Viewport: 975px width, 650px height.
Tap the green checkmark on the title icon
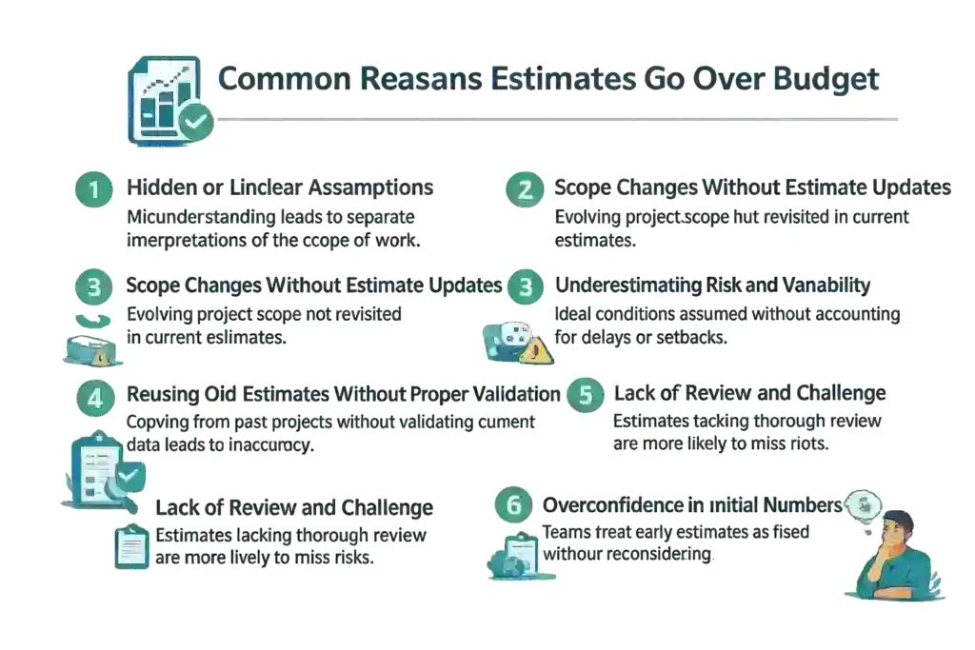(196, 122)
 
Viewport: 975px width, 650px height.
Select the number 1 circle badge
(93, 189)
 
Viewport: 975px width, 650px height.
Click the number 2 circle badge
(525, 189)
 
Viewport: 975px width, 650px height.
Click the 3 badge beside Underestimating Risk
(525, 286)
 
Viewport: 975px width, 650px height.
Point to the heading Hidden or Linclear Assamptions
(280, 187)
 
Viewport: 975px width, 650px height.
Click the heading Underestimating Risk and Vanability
(712, 286)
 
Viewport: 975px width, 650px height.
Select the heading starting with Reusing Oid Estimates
(343, 394)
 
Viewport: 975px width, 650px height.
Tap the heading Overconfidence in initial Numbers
(692, 504)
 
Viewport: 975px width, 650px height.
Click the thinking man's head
(897, 528)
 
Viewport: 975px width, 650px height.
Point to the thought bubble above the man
(865, 503)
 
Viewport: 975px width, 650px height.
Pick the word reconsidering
(656, 554)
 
